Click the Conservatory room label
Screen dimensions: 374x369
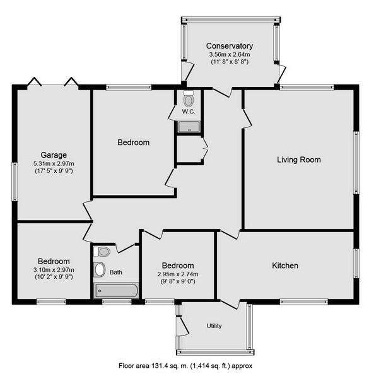pos(230,46)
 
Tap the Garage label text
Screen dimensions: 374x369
pos(54,155)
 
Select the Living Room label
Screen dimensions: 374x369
pos(299,160)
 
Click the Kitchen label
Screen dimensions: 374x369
pos(285,266)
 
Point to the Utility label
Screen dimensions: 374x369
pos(214,325)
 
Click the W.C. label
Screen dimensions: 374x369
pos(189,112)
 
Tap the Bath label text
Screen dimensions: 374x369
pos(116,273)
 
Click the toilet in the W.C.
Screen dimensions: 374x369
pos(189,100)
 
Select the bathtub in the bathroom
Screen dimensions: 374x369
pos(116,291)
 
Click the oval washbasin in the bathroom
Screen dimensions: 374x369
pos(100,270)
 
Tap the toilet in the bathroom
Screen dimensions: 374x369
pos(102,252)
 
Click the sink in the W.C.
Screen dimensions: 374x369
pos(189,127)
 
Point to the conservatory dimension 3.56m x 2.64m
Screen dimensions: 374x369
pos(230,55)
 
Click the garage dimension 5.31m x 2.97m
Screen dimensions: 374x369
pos(54,163)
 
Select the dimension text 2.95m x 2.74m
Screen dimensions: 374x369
pos(177,274)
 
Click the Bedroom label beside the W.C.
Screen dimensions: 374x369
pos(134,143)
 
